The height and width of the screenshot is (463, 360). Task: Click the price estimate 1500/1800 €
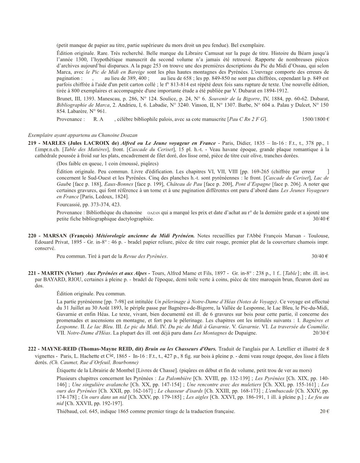point(315,119)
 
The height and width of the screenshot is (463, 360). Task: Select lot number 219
point(32,143)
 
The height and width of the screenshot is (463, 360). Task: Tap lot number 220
point(32,236)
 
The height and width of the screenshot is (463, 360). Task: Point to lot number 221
point(32,273)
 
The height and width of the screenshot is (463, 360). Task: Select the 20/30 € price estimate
point(321,333)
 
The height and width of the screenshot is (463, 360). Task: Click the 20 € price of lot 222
point(324,411)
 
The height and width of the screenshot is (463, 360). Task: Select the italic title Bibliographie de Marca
point(83,105)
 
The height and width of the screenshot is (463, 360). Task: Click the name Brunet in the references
point(64,98)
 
